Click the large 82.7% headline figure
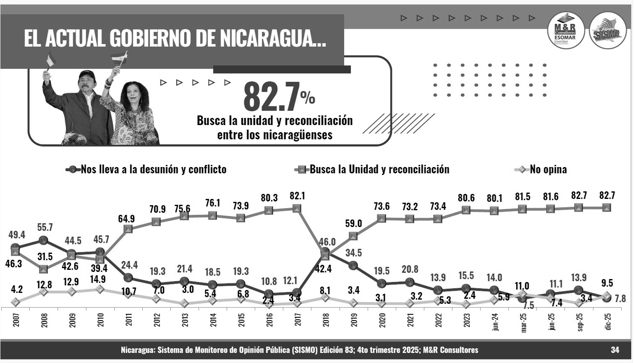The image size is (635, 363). coord(278,97)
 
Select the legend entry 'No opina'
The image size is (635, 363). coord(548,170)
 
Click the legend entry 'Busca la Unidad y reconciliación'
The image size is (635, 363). coord(379,170)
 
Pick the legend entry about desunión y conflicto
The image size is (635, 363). coord(153,170)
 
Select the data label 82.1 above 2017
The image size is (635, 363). coord(297,196)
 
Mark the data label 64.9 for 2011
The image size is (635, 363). coord(128,218)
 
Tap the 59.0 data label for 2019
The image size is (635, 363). coord(353,224)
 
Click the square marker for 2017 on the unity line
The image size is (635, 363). coord(297,209)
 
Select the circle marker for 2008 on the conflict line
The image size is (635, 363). coord(43,240)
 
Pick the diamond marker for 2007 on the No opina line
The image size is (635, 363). coord(16,302)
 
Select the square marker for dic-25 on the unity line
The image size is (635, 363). coord(606,207)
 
